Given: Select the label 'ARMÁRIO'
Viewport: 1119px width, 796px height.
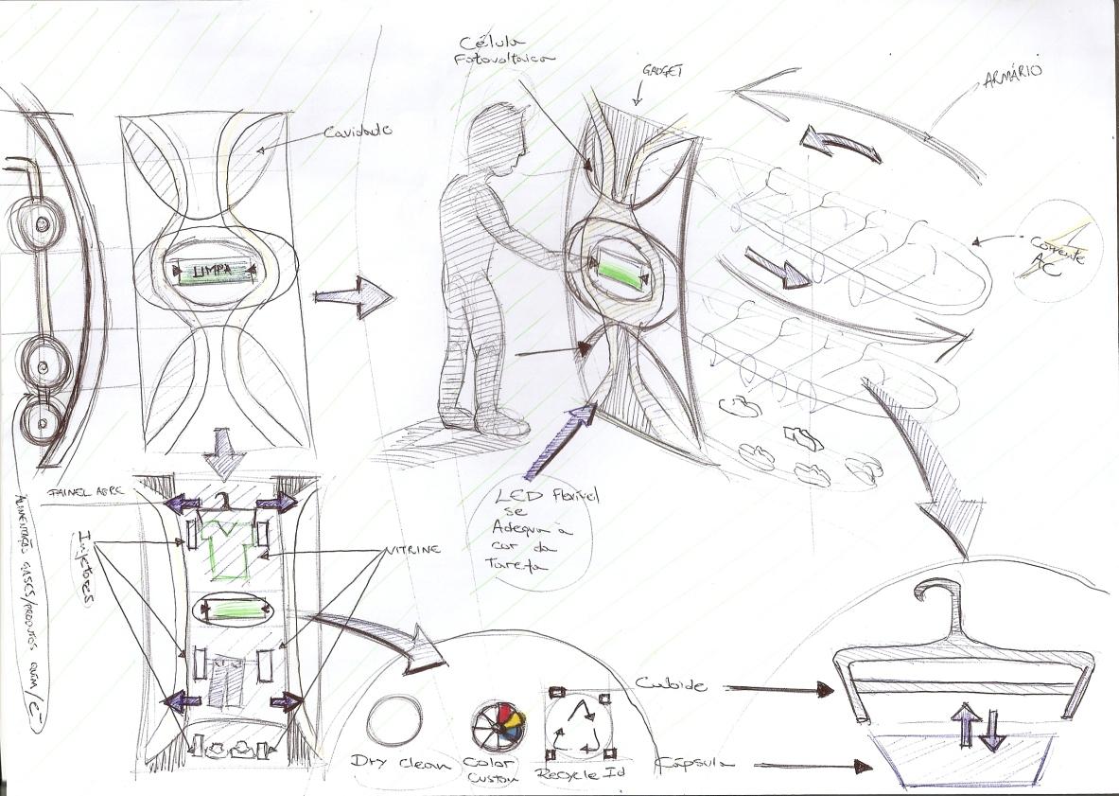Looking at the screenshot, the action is pos(1014,98).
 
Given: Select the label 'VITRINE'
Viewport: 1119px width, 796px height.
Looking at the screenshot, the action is pos(412,550).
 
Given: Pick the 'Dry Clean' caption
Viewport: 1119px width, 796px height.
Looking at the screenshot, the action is pos(400,763).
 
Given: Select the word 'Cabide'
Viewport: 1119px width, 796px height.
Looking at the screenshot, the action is pos(671,684).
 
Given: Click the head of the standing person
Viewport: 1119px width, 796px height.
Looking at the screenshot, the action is pos(496,133).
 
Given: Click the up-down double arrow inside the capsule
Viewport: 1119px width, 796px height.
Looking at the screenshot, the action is pos(977,726).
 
